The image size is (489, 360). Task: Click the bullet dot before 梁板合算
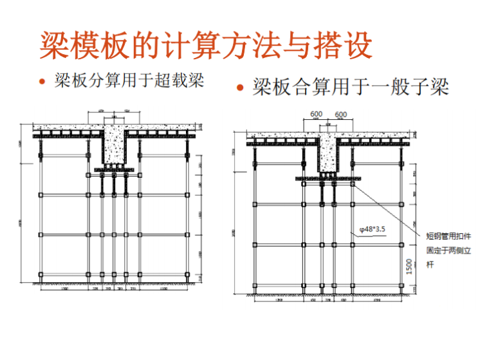240,88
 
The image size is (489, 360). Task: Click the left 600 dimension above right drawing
316,115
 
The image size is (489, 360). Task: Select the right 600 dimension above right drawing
340,115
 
